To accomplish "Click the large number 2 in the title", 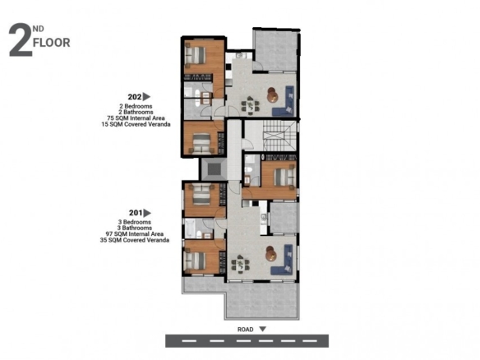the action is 21,39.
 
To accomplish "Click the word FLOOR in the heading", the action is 52,43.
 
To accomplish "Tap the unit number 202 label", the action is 135,97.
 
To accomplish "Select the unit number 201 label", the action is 136,213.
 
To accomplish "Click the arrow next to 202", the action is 146,97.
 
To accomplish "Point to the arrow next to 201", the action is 147,213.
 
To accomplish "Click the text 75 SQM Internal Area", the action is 136,118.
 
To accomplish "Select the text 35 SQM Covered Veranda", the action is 135,240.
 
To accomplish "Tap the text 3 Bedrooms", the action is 135,222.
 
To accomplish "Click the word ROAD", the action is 246,330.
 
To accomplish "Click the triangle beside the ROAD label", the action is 263,329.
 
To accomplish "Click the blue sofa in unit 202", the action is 284,101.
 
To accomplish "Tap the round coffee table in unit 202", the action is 272,95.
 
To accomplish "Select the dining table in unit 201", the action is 240,264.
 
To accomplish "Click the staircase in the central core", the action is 279,136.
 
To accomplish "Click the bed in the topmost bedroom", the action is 195,55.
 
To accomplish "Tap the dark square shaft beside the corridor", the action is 214,169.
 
